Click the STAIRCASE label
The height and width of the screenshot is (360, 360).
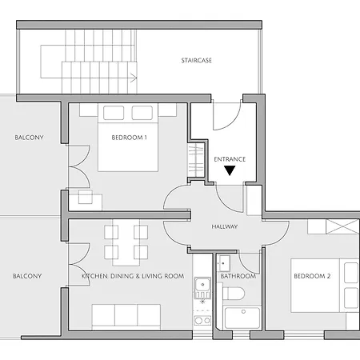point(197,61)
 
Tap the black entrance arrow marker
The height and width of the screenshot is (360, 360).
point(230,170)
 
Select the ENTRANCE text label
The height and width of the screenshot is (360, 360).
point(230,159)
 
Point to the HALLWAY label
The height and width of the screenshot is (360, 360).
point(225,226)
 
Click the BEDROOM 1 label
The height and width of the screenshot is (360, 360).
point(129,138)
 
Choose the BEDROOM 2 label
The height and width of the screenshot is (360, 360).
point(312,276)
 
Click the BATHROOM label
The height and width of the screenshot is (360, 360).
point(238,276)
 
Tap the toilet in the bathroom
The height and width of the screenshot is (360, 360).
point(234,294)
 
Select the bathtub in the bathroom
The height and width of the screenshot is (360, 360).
point(242,318)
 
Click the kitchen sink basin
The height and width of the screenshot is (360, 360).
point(202,285)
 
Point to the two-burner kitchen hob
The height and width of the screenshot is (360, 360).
point(202,320)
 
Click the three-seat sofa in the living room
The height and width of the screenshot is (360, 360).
point(126,317)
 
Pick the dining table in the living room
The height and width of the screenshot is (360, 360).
point(126,242)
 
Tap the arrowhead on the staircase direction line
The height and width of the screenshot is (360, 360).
point(134,78)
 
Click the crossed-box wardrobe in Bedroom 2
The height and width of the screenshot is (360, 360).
point(342,226)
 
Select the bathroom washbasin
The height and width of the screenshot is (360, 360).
point(224,263)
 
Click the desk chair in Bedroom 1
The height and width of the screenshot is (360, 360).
point(86,197)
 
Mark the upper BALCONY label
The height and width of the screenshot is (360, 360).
point(29,138)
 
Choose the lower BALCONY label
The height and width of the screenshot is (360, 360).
point(27,276)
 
